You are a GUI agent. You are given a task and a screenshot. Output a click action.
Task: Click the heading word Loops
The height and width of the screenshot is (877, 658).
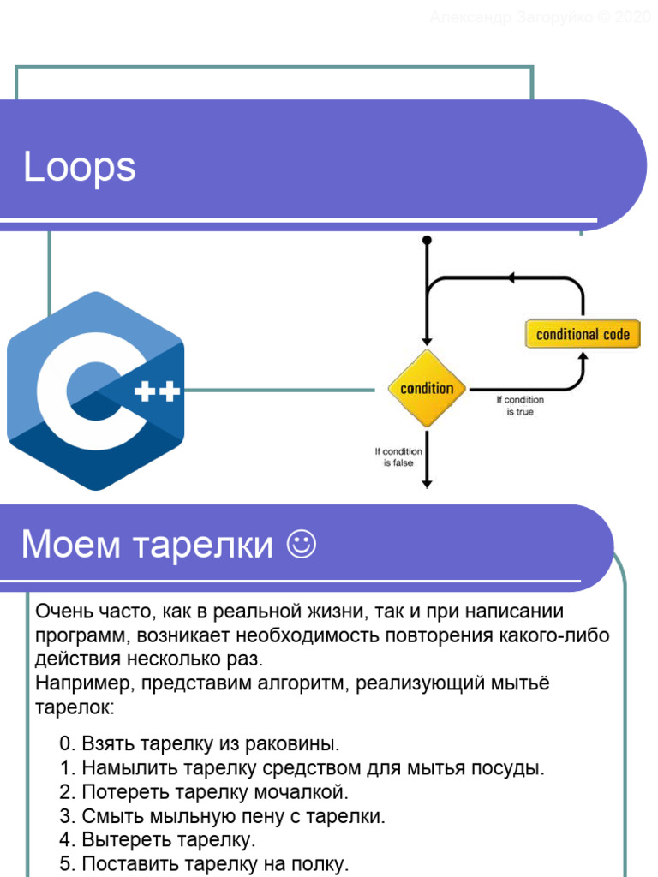[80, 167]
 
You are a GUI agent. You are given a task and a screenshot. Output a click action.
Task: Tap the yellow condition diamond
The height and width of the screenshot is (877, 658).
[427, 388]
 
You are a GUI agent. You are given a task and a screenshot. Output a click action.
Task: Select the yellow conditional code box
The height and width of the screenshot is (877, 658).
[583, 334]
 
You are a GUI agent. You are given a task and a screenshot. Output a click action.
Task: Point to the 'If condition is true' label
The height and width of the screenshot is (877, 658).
[519, 405]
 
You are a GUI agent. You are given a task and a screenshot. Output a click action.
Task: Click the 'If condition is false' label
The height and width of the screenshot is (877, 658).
[398, 457]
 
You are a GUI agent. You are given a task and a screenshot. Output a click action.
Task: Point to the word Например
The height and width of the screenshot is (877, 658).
[83, 683]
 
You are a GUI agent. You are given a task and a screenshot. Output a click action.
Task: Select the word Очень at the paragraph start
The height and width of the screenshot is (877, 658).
[63, 612]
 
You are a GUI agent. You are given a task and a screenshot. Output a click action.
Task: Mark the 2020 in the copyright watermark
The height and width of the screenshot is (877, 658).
[633, 16]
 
